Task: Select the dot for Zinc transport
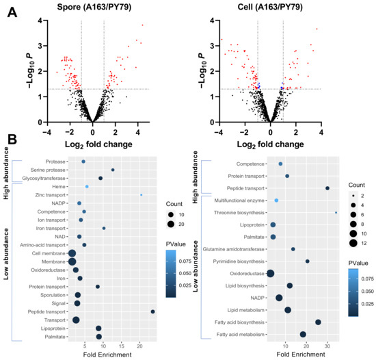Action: [142, 195]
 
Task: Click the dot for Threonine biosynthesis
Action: [336, 213]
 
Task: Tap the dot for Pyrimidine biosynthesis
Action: [308, 261]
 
